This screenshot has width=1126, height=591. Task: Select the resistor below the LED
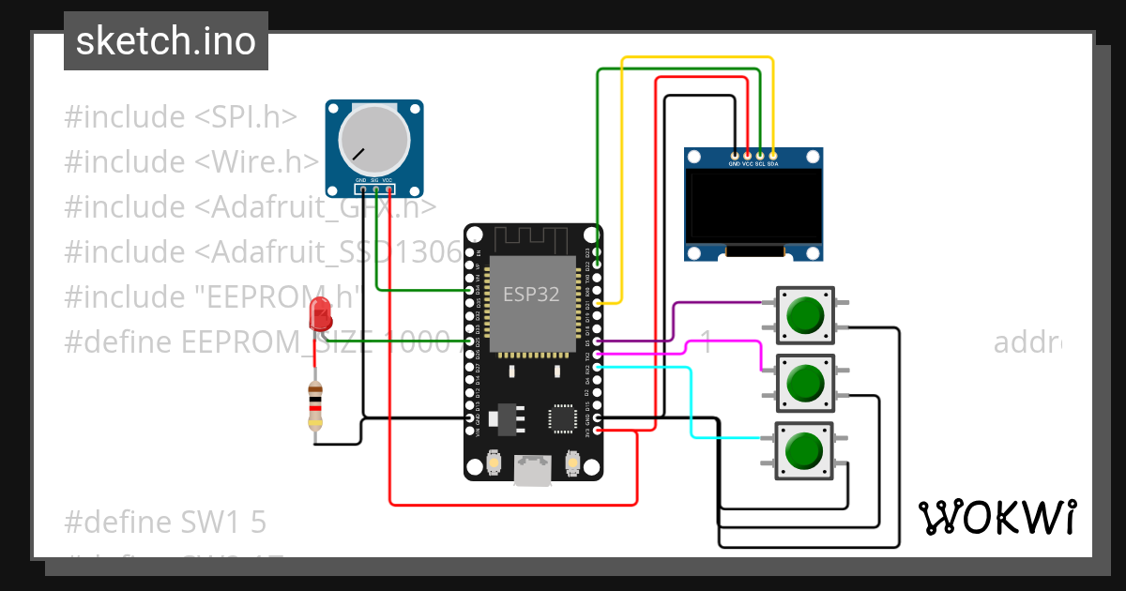[x=315, y=406]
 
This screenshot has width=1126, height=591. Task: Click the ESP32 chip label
[x=531, y=294]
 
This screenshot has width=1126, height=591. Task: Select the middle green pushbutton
[x=805, y=382]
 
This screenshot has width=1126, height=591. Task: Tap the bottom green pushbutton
[x=805, y=450]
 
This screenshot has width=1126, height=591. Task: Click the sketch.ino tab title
[x=165, y=41]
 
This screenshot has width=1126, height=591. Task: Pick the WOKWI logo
[x=996, y=517]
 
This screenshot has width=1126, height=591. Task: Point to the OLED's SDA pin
[x=772, y=155]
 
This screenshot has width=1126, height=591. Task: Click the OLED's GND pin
[x=735, y=155]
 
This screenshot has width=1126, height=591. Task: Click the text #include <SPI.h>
[x=180, y=117]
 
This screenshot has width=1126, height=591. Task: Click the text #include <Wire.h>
[x=192, y=162]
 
